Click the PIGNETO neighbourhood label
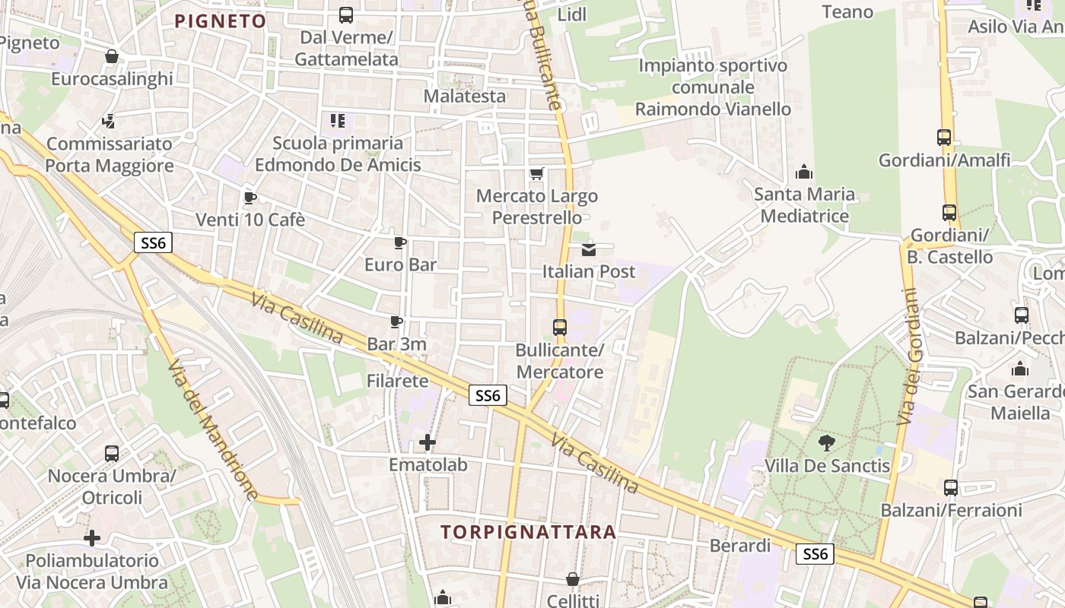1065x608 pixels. [x=221, y=21]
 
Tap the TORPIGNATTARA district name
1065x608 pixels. [x=528, y=532]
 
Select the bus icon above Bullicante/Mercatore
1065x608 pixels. [x=560, y=328]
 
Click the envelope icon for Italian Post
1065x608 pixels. [x=588, y=249]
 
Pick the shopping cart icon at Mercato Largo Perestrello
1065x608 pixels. [x=536, y=174]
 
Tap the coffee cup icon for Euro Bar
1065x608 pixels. [x=400, y=243]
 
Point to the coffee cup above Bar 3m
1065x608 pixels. [x=396, y=322]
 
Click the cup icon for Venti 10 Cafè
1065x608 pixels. [x=250, y=198]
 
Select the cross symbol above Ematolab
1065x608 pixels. [x=428, y=442]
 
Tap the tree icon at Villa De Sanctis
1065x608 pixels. [x=826, y=443]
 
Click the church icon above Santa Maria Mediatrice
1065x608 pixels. [x=804, y=173]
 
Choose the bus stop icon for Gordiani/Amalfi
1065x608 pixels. [x=944, y=138]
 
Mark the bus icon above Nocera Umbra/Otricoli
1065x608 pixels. [x=112, y=454]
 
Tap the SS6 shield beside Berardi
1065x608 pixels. [x=815, y=554]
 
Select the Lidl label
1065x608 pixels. [x=572, y=14]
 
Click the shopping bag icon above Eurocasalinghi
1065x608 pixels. [x=112, y=56]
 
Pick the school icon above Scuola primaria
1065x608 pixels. [x=338, y=120]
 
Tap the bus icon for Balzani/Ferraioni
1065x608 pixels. [x=951, y=488]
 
